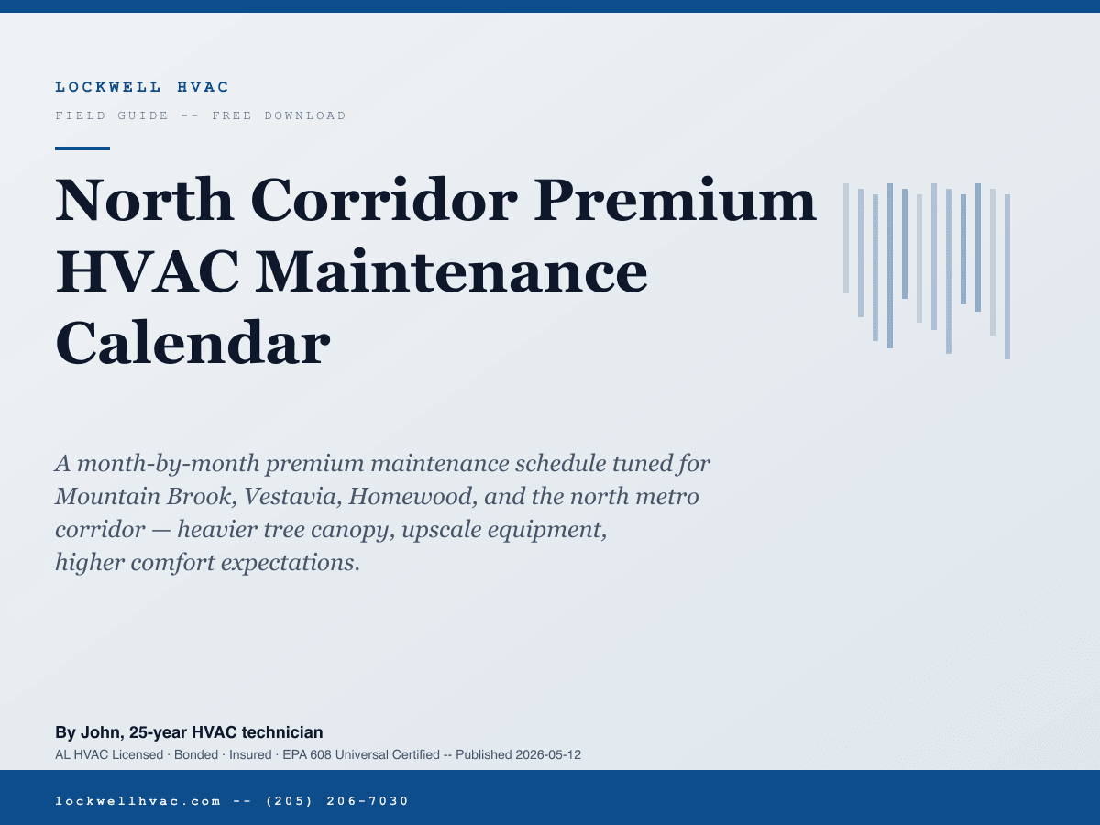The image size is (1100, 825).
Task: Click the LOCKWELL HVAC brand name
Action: coord(142,87)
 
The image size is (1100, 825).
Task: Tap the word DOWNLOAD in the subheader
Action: coord(305,115)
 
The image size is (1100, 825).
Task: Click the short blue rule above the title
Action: coord(82,148)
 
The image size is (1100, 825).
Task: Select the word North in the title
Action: coord(144,200)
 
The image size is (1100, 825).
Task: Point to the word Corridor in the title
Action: coord(384,200)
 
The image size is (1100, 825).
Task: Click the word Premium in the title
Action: coord(675,200)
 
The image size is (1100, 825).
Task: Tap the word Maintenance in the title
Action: coord(452,271)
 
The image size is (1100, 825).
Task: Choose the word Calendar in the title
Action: coord(192,343)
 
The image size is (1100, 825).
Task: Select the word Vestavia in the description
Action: coord(292,497)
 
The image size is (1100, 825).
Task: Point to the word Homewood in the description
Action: coord(412,497)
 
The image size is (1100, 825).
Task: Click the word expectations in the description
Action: coord(291,563)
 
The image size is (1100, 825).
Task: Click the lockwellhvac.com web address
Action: coord(138,801)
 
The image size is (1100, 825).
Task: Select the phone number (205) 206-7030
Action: coord(337,801)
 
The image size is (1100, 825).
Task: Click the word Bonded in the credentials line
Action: coord(196,754)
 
